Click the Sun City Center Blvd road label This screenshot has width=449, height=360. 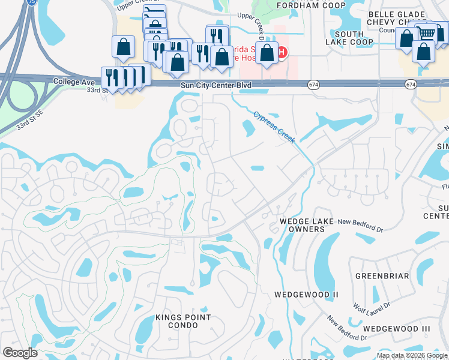tap(215, 86)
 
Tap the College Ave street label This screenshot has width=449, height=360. tap(74, 81)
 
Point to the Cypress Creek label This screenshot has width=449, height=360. tap(274, 127)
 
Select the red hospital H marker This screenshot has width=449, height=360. tap(280, 53)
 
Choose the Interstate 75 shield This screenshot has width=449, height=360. tap(31, 2)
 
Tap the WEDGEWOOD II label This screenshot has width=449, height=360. tap(307, 295)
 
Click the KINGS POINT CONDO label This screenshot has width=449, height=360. tap(183, 321)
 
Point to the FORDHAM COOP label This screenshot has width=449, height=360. tap(303, 5)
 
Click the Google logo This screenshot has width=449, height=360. tap(20, 353)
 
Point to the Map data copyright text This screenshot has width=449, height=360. tap(412, 355)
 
